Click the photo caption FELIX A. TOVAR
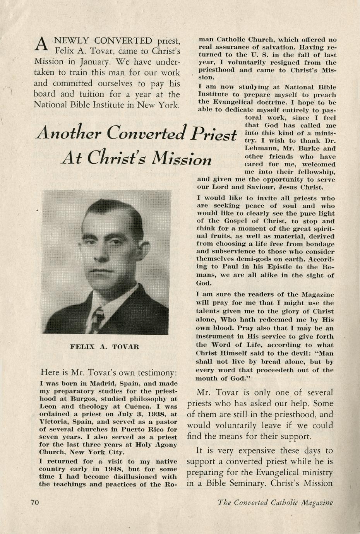105,347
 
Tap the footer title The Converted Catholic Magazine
275,503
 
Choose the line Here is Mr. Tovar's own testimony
109,373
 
